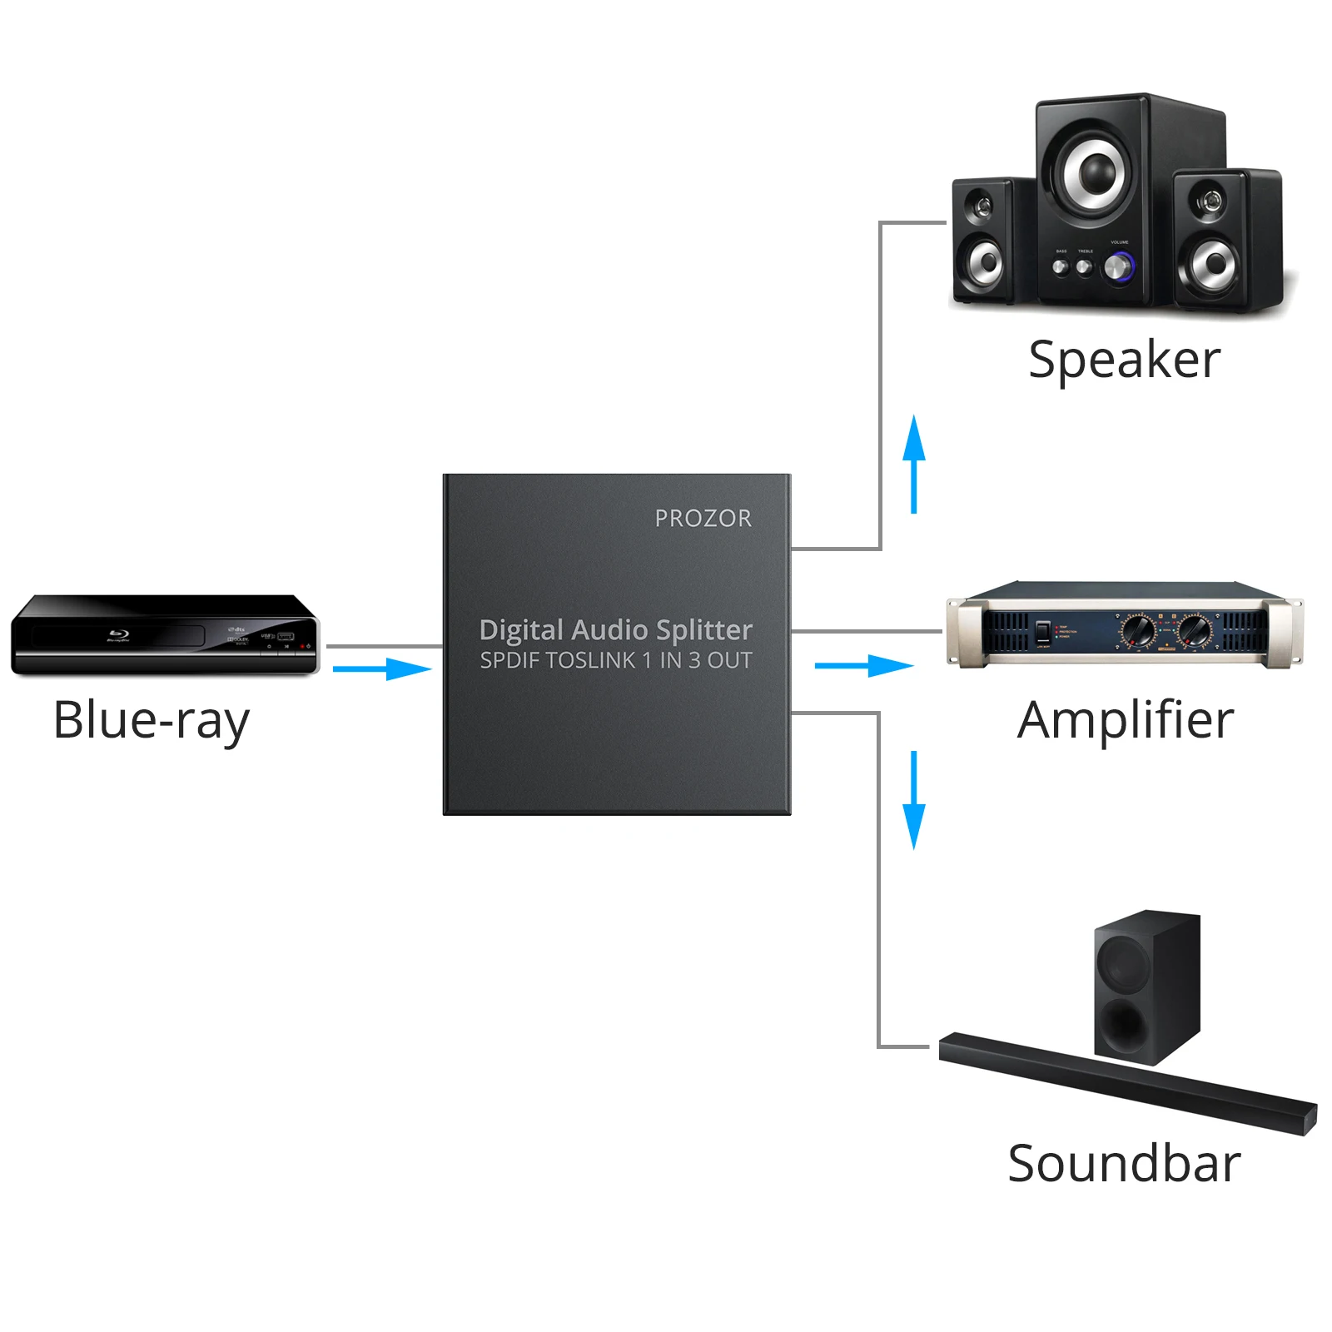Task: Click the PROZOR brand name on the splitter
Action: coord(703,519)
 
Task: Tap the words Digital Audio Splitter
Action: coord(615,629)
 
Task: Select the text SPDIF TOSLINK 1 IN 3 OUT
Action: coord(615,660)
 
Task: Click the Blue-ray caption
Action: coord(151,720)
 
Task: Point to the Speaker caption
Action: coord(1123,360)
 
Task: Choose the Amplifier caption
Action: coord(1125,719)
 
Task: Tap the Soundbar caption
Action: coord(1123,1163)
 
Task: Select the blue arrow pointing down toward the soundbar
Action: coord(914,800)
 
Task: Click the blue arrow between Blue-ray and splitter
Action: coord(382,668)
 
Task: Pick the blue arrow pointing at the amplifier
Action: coord(863,665)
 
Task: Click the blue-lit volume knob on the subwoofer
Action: coord(1117,267)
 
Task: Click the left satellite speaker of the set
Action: coord(983,241)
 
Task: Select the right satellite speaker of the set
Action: coord(1214,241)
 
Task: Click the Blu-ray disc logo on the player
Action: coord(117,636)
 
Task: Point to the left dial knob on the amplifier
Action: coord(1137,630)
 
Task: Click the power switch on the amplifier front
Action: coord(1042,630)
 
